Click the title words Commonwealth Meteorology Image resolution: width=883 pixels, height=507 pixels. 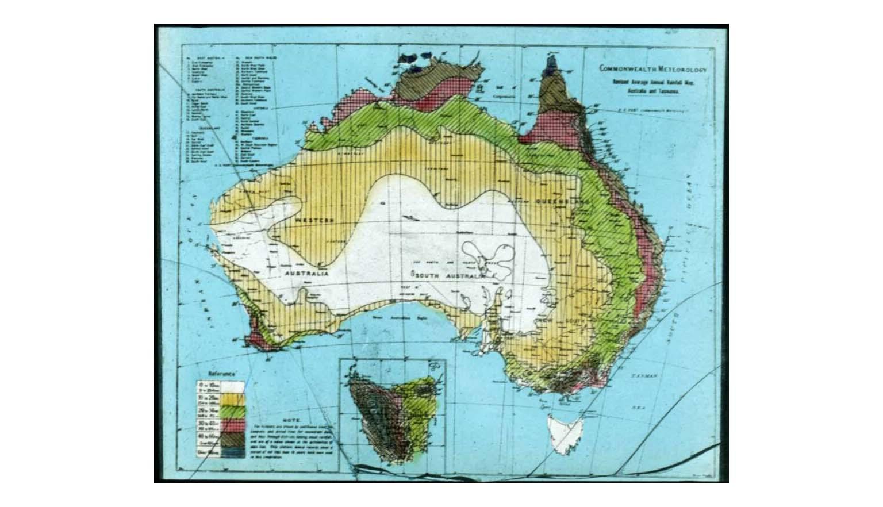tap(653, 69)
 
